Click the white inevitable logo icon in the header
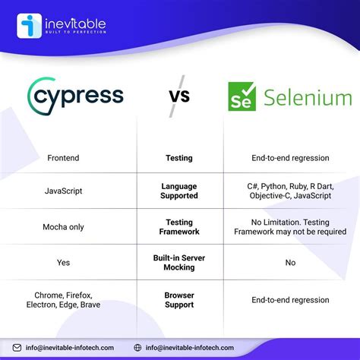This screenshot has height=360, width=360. pyautogui.click(x=28, y=26)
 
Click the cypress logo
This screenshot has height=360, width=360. pyautogui.click(x=75, y=96)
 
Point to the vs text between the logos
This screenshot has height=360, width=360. pyautogui.click(x=179, y=96)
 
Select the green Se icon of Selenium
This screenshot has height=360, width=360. pyautogui.click(x=242, y=98)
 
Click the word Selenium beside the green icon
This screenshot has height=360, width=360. pyautogui.click(x=308, y=98)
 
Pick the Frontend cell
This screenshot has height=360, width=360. pyautogui.click(x=63, y=158)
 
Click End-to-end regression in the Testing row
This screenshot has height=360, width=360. pyautogui.click(x=290, y=158)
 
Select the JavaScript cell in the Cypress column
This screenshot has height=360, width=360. pyautogui.click(x=63, y=191)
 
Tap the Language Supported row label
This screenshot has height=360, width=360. pyautogui.click(x=179, y=191)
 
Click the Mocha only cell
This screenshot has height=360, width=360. pyautogui.click(x=63, y=226)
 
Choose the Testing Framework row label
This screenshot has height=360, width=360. pyautogui.click(x=179, y=226)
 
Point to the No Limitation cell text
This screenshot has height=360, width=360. pyautogui.click(x=290, y=226)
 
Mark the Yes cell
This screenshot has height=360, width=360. pyautogui.click(x=63, y=262)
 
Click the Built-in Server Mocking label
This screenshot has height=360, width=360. pyautogui.click(x=179, y=262)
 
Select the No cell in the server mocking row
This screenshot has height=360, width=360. pyautogui.click(x=290, y=262)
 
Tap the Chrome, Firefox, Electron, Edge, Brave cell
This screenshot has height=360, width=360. pyautogui.click(x=67, y=299)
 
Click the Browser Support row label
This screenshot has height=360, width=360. pyautogui.click(x=179, y=299)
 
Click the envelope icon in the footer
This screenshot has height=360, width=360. pyautogui.click(x=17, y=348)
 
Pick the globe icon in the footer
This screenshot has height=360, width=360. pyautogui.click(x=137, y=348)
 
